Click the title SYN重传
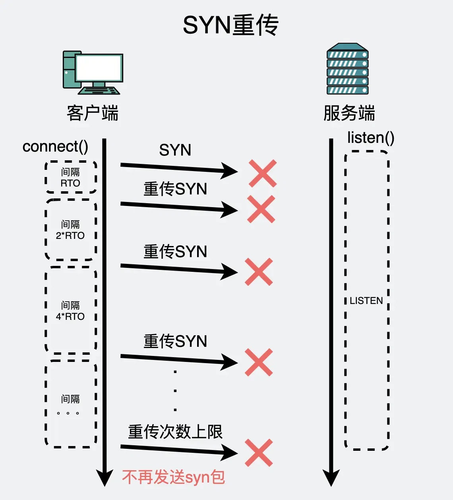pos(230,25)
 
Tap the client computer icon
pos(93,73)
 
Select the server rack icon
pos(347,69)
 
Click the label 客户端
pos(93,113)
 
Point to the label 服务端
pos(349,113)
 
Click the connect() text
pos(55,146)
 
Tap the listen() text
pos(370,138)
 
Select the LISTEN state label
pos(366,301)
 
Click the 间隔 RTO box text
pos(70,177)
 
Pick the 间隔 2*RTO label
pos(70,230)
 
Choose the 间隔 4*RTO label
pos(70,311)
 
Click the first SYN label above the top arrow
pos(175,150)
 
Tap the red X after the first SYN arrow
pos(263,173)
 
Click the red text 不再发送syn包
pos(174,477)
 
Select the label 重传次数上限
pos(175,432)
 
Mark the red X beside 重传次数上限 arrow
pos(259,453)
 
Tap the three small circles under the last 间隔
pos(68,413)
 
